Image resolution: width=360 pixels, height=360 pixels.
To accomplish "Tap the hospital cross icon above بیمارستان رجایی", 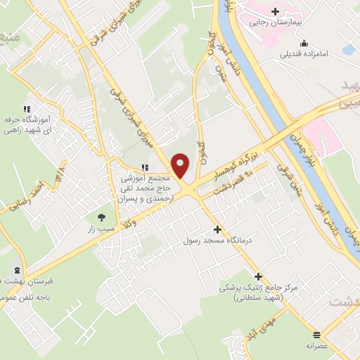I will tap(275, 11).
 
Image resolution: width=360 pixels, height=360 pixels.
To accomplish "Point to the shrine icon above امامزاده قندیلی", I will tap(304, 42).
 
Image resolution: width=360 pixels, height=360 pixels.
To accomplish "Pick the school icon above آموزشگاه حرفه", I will tap(27, 109).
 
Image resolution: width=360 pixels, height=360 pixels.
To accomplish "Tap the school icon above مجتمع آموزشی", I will tap(146, 167).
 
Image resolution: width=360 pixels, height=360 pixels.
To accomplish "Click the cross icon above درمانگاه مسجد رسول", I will tap(217, 229).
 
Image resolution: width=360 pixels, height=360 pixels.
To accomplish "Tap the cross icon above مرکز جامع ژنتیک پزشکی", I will tap(259, 276).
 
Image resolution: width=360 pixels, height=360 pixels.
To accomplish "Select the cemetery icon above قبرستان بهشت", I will tap(16, 270).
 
